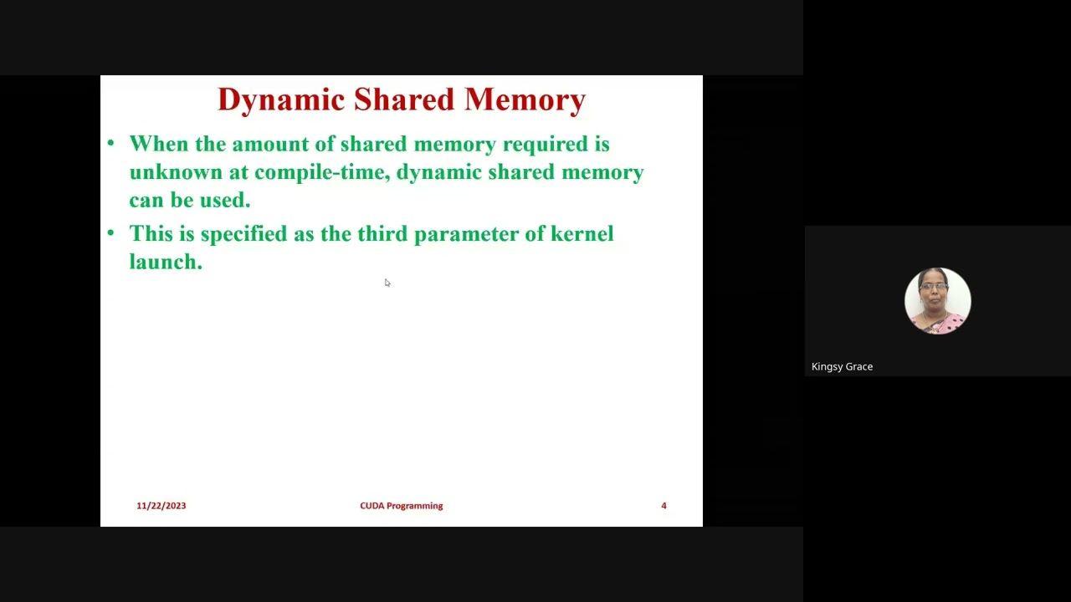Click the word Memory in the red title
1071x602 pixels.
(525, 99)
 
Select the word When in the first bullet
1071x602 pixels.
(159, 144)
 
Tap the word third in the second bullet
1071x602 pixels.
(382, 234)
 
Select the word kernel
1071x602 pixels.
(582, 234)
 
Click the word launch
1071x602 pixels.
(165, 262)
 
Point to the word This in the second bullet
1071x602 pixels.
(151, 234)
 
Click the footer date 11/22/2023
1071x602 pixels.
(161, 506)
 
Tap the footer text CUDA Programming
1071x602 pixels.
(401, 506)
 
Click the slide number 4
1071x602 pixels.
(664, 506)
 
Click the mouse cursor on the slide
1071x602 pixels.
(387, 283)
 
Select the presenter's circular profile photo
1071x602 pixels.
(937, 301)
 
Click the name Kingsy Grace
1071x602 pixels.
(842, 366)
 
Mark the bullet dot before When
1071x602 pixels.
(110, 144)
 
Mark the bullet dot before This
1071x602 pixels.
(110, 234)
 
